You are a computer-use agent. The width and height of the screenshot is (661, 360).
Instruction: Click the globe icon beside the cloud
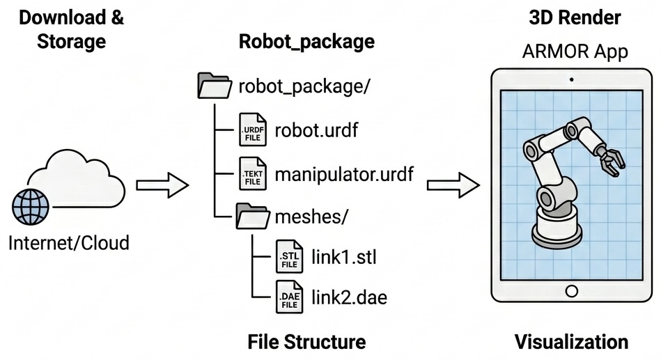[x=31, y=205]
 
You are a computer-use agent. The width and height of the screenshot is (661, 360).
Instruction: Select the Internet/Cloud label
[x=69, y=243]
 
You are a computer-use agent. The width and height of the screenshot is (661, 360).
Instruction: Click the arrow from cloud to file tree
[x=162, y=185]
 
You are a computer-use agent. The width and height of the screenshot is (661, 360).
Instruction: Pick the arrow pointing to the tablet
[x=453, y=185]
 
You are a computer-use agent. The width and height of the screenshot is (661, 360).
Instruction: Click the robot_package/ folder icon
[x=215, y=87]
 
